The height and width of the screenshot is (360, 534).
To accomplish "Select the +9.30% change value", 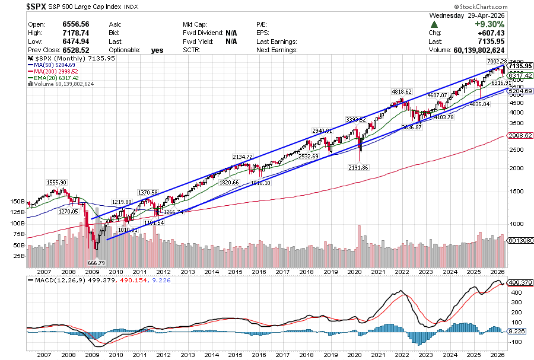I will click(x=509, y=24).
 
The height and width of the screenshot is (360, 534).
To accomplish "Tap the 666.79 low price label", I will click(x=96, y=263).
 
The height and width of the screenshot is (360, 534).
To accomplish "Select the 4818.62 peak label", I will click(x=401, y=92).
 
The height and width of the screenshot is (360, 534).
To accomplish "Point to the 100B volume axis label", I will click(x=18, y=224).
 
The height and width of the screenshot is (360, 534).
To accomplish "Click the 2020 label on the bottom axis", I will click(x=354, y=355).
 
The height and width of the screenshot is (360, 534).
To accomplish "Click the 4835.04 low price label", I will click(x=479, y=104).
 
